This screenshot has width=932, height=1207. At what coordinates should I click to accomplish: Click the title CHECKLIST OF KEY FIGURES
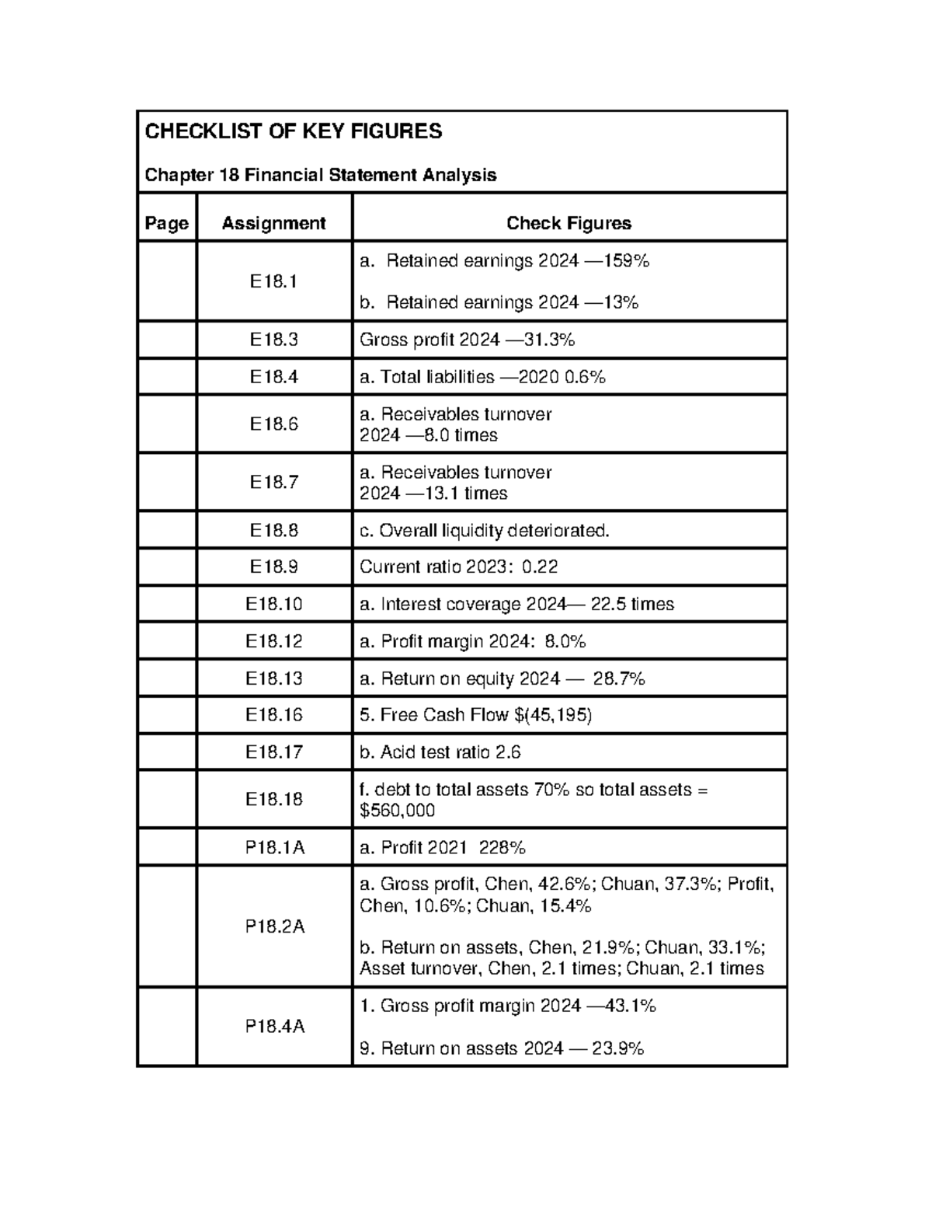[293, 131]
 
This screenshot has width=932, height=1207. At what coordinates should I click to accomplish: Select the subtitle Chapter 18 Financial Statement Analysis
[320, 175]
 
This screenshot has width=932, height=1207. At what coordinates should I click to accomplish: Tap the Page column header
[166, 224]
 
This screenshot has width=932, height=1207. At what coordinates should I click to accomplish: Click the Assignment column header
[273, 224]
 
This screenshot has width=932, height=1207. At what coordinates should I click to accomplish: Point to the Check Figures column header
[569, 224]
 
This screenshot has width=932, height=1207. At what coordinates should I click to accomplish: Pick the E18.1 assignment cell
[273, 281]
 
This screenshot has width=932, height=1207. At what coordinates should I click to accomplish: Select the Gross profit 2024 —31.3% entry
[467, 340]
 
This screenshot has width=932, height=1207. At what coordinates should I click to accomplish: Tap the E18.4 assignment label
[273, 377]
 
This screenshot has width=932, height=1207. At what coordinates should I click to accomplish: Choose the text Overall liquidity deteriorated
[494, 531]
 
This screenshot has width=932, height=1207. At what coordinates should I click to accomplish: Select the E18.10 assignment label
[273, 605]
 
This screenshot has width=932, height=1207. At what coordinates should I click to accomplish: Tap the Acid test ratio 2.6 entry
[440, 752]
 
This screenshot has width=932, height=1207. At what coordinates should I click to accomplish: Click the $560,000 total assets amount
[397, 811]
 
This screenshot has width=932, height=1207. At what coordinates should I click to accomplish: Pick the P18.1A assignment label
[274, 848]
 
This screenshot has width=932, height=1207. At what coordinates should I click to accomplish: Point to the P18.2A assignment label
[274, 926]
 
